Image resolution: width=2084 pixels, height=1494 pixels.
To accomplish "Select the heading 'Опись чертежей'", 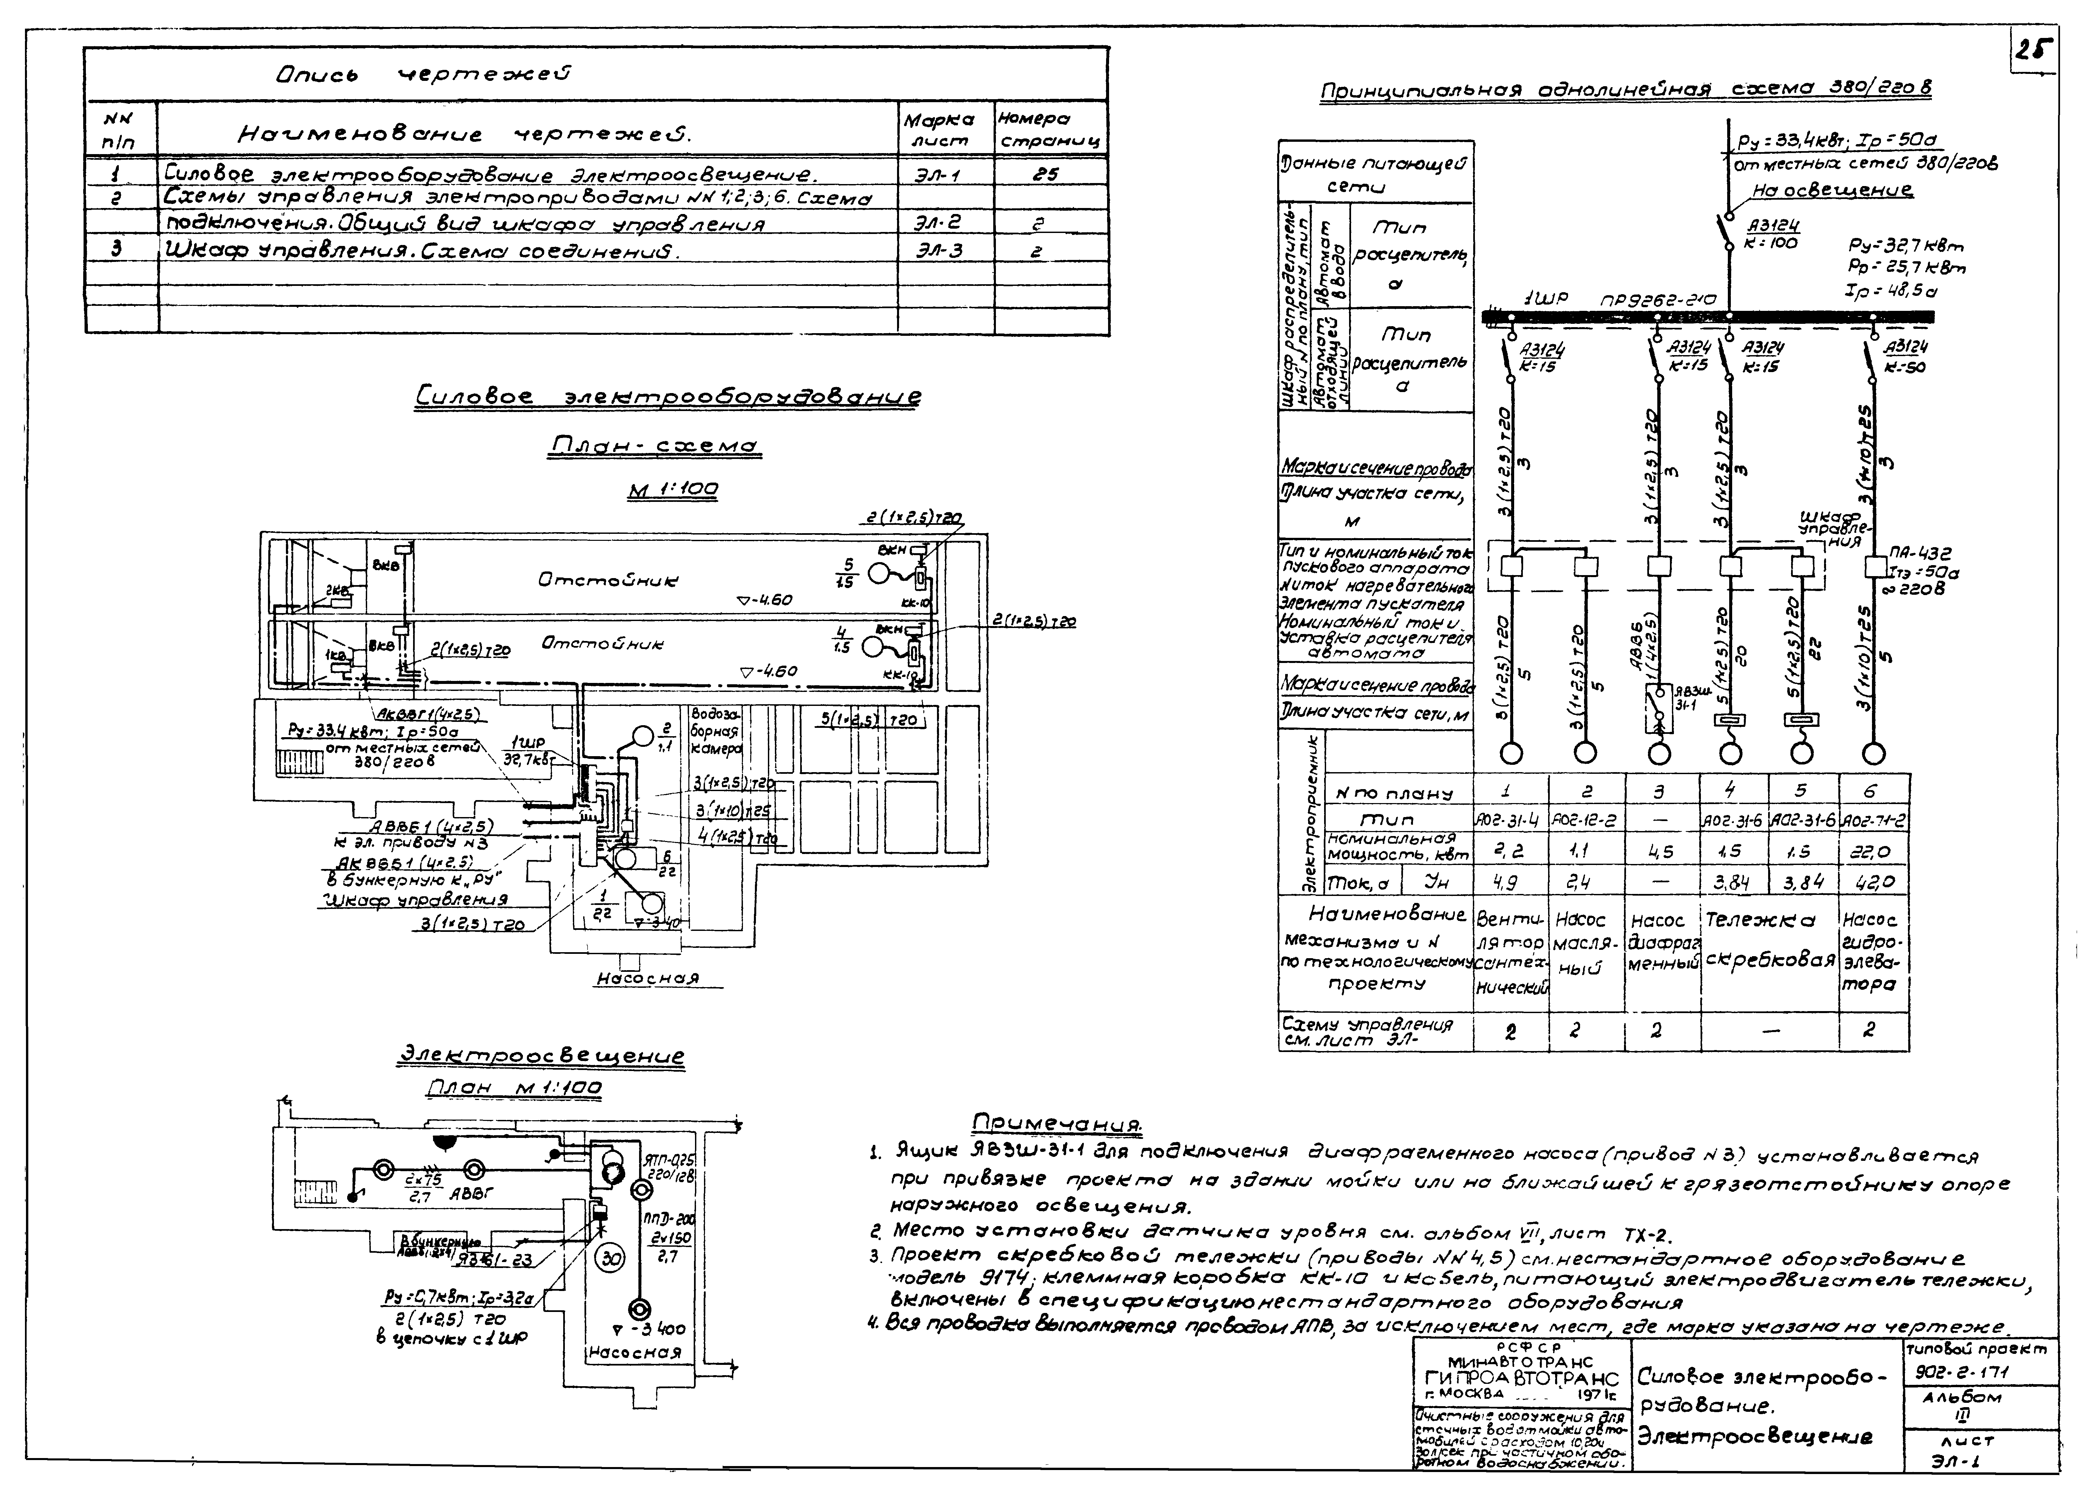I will (x=423, y=74).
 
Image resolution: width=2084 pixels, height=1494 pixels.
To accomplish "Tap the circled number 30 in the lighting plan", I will (x=611, y=1259).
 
